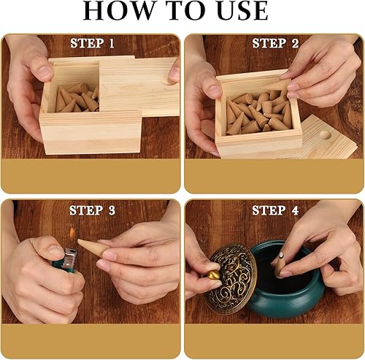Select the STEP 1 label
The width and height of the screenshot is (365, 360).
point(92,44)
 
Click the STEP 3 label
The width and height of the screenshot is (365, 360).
point(92,210)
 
